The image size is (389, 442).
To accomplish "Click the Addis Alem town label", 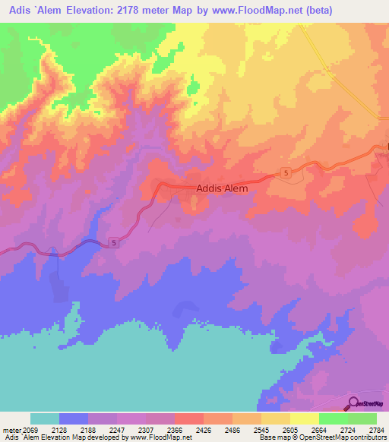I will pyautogui.click(x=222, y=189).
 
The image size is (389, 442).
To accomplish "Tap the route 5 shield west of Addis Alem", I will pyautogui.click(x=114, y=243).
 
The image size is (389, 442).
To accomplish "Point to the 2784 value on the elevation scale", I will pyautogui.click(x=378, y=430).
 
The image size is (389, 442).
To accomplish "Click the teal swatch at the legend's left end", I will pyautogui.click(x=45, y=418).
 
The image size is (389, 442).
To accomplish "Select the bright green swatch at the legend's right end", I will pyautogui.click(x=362, y=418).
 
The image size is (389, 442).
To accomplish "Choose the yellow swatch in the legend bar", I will pyautogui.click(x=305, y=418).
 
